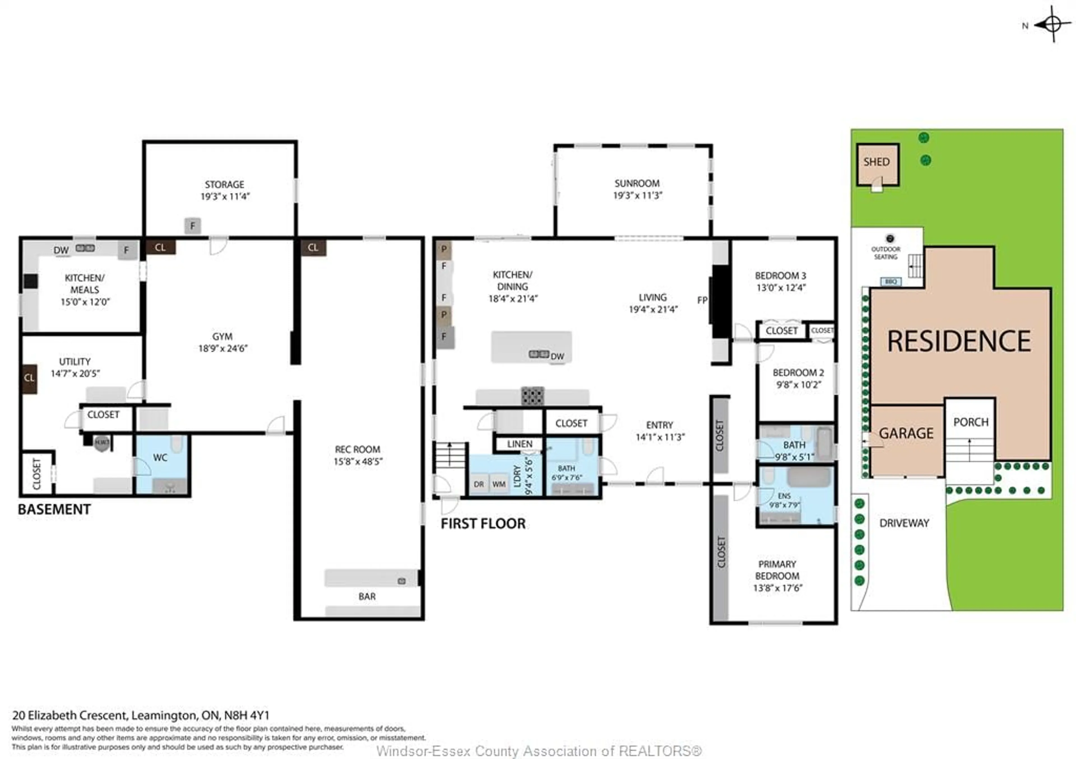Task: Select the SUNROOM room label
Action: click(637, 183)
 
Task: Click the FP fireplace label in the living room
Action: click(702, 300)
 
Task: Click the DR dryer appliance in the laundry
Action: click(479, 484)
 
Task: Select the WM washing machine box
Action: click(499, 484)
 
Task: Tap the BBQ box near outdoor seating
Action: click(891, 281)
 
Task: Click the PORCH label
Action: click(971, 422)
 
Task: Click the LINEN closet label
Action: click(519, 444)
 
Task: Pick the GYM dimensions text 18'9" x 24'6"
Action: click(222, 348)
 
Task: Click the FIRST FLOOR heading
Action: click(483, 524)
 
